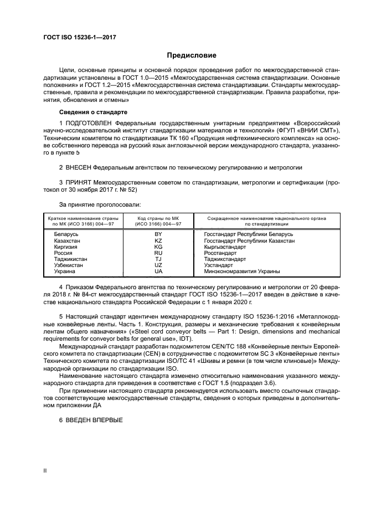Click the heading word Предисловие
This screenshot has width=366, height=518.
[x=192, y=55]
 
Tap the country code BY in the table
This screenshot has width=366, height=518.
[x=158, y=234]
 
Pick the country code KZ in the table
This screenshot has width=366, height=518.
[x=158, y=241]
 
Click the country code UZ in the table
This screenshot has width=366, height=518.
[x=158, y=265]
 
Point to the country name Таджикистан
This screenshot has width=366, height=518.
[x=70, y=259]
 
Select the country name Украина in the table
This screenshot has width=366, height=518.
[x=65, y=271]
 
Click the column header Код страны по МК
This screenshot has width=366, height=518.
[x=158, y=218]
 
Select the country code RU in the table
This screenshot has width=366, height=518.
[x=158, y=253]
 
